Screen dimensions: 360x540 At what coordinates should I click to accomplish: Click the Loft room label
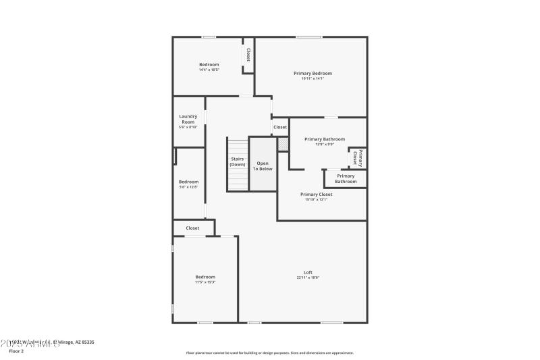click(308, 272)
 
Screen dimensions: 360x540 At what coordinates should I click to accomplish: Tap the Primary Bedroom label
click(313, 73)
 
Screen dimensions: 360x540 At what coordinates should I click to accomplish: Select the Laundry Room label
click(188, 119)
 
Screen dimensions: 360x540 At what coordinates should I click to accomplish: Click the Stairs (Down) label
click(237, 162)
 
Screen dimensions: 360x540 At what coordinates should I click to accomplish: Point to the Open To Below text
click(263, 165)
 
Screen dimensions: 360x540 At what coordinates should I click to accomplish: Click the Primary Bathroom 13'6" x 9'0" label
click(320, 139)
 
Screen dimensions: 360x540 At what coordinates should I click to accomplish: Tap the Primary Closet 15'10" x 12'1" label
click(316, 195)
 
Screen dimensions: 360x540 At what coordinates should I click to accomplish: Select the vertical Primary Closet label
click(358, 157)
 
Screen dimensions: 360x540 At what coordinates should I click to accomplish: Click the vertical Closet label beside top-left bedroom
click(248, 55)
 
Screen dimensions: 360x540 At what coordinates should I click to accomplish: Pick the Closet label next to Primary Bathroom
click(279, 127)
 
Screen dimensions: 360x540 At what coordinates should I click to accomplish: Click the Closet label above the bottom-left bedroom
click(192, 228)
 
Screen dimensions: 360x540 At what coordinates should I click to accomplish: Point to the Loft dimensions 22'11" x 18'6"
click(308, 278)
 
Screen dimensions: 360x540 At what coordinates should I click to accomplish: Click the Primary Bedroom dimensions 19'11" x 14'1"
click(313, 78)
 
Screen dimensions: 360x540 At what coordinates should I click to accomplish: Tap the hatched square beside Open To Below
click(282, 144)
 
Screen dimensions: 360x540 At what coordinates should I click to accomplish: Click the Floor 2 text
click(16, 351)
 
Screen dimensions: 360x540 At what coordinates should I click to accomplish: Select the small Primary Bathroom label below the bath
click(346, 178)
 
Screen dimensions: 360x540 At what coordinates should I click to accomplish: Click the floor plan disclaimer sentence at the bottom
click(270, 353)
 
